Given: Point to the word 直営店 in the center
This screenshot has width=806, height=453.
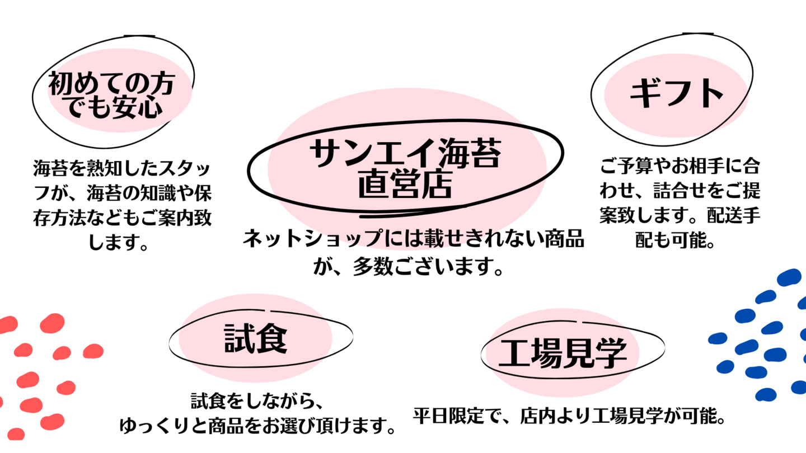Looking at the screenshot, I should point(405,186).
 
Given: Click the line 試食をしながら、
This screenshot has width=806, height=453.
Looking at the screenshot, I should point(256,402).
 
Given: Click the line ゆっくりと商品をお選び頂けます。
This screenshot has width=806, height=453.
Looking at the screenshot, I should point(256,426).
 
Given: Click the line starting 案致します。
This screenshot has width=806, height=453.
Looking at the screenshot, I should point(679,216).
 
